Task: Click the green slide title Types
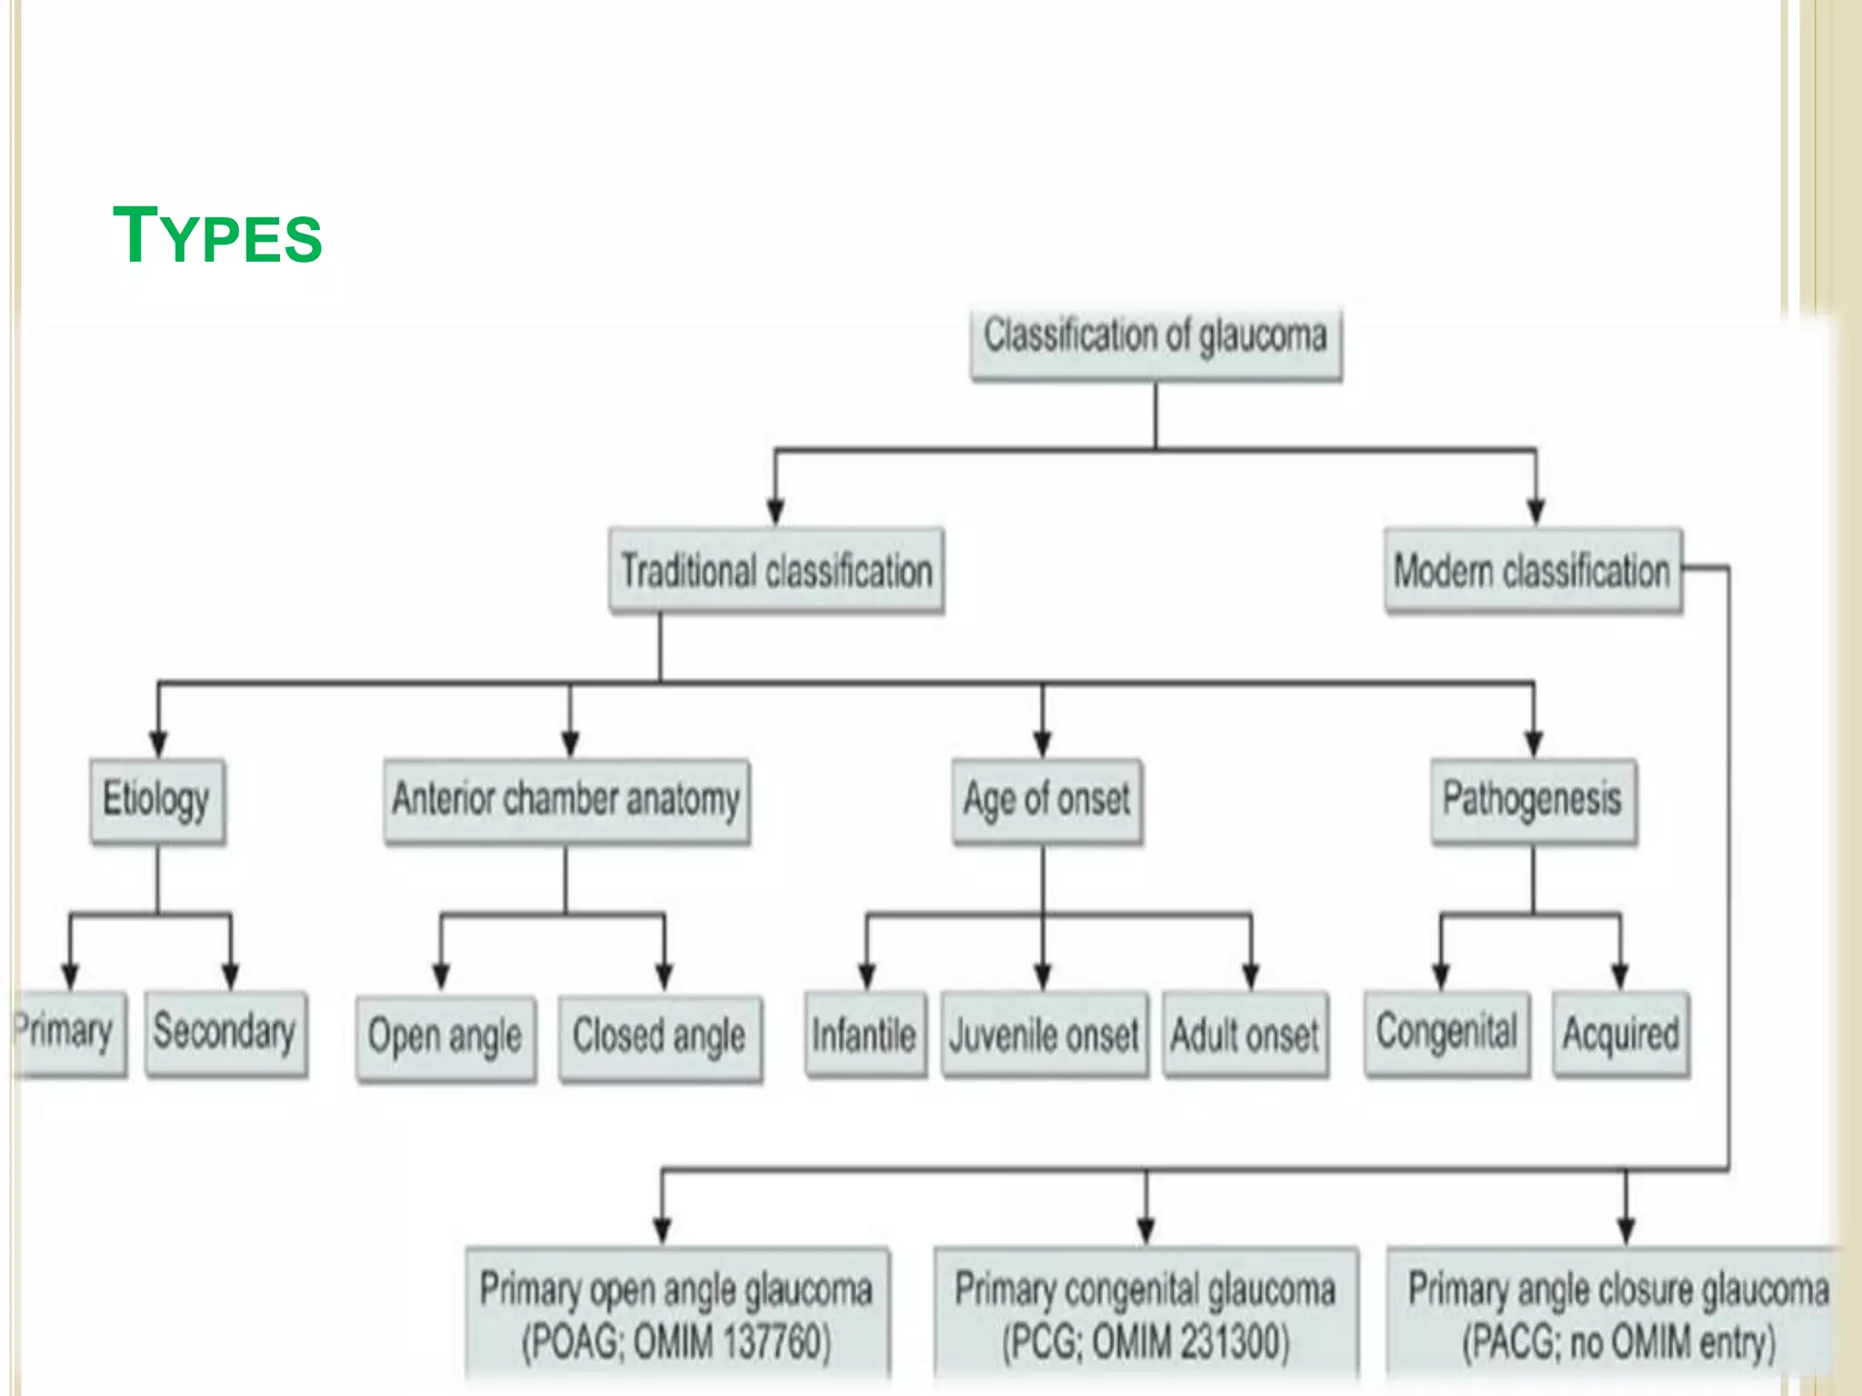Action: (x=217, y=235)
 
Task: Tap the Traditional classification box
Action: (x=776, y=571)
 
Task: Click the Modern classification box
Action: (x=1533, y=571)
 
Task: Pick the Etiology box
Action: (x=157, y=801)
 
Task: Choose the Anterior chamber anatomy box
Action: (x=566, y=801)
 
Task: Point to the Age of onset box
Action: (x=1047, y=801)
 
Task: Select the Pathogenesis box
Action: (x=1534, y=801)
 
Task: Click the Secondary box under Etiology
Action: (x=225, y=1033)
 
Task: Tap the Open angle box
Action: (x=445, y=1037)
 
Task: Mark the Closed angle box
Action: (x=660, y=1037)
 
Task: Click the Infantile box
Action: (x=866, y=1035)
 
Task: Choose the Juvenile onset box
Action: (x=1045, y=1035)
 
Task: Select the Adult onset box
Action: (x=1246, y=1035)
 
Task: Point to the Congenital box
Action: (x=1447, y=1033)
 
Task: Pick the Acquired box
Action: (x=1621, y=1033)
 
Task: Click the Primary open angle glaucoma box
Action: (x=677, y=1314)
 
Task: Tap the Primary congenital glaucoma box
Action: (x=1146, y=1314)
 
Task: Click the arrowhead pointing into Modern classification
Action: (x=1536, y=513)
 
